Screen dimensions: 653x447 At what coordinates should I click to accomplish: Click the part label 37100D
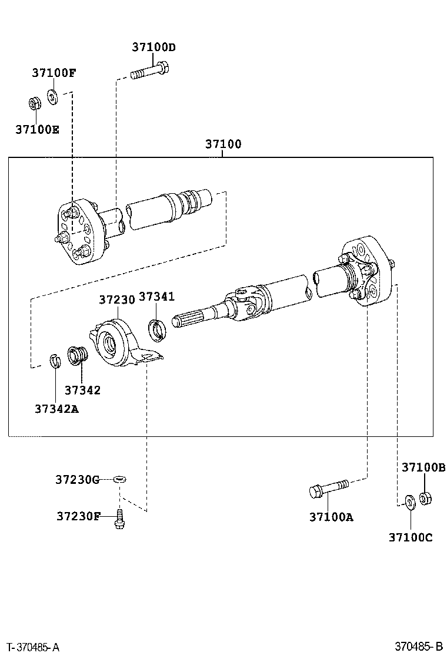point(154,47)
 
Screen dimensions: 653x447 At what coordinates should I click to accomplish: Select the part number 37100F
point(54,73)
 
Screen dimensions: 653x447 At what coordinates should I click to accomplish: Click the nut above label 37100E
point(35,104)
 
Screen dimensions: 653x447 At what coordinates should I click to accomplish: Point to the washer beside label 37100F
point(52,97)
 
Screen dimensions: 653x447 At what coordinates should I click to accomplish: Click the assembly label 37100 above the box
point(223,144)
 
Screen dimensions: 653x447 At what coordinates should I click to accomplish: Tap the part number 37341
point(156,297)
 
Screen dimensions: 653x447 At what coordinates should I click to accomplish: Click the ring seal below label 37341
point(157,329)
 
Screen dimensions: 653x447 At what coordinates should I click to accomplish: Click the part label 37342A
point(56,409)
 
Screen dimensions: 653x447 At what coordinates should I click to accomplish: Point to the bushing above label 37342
point(78,355)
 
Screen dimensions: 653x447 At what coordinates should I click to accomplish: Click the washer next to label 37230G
point(120,480)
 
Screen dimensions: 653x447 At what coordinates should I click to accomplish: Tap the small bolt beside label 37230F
point(120,519)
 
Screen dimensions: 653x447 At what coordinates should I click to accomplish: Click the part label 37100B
point(423,467)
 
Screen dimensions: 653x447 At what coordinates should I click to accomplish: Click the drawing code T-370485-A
point(31,647)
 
